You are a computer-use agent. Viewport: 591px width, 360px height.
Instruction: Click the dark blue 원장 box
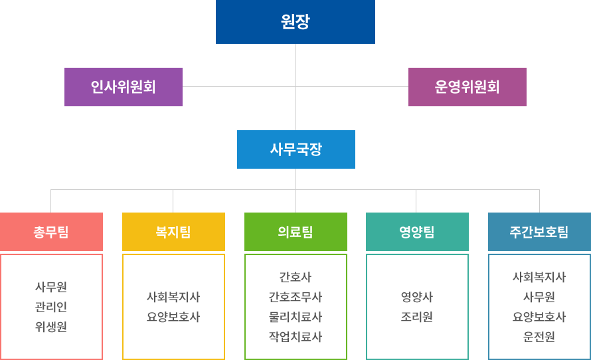point(295,22)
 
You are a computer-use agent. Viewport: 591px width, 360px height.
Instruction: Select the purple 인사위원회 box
point(123,86)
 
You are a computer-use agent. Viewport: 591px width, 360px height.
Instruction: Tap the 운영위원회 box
point(467,86)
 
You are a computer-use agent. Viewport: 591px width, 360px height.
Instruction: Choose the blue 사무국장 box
point(295,149)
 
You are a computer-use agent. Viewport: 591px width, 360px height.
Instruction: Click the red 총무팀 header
point(51,232)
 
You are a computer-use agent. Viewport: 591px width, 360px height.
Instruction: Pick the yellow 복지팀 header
point(173,232)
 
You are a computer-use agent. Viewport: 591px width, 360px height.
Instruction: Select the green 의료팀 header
point(295,232)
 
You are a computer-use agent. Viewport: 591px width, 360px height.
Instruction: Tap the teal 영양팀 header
point(417,232)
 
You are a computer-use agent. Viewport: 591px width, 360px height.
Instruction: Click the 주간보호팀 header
point(539,232)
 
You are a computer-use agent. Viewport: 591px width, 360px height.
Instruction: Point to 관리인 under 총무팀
point(51,307)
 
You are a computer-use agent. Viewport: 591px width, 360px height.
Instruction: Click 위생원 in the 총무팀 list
point(51,327)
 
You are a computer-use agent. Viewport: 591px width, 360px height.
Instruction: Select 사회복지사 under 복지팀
point(173,297)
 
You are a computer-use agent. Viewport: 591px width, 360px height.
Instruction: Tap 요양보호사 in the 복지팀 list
point(173,317)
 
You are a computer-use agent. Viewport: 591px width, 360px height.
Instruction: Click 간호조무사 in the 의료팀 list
point(295,297)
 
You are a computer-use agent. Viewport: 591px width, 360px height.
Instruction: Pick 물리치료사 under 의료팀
point(295,317)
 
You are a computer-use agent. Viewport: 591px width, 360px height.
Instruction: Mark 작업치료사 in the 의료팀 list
point(295,337)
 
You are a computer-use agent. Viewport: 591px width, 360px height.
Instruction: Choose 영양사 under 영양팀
point(417,297)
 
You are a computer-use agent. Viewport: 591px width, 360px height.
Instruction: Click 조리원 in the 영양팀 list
point(417,317)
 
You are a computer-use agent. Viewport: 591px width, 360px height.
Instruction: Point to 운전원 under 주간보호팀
point(539,337)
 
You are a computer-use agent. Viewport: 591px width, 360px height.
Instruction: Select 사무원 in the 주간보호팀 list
point(539,297)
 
